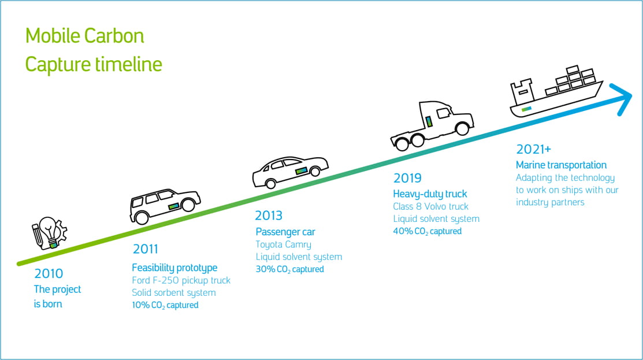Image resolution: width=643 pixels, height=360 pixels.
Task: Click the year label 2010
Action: tap(49, 273)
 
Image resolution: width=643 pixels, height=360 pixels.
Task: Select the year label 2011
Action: tap(145, 249)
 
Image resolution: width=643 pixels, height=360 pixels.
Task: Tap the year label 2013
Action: tap(269, 216)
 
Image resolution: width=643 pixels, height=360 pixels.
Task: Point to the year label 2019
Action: tap(407, 178)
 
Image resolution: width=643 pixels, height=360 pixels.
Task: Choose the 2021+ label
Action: tap(533, 149)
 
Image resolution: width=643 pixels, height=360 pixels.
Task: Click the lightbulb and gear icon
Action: tap(49, 233)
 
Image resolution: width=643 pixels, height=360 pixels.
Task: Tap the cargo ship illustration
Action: tap(556, 91)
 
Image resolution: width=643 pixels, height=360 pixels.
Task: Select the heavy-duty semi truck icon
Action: tap(432, 125)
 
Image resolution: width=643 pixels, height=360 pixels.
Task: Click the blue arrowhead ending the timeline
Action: tap(622, 99)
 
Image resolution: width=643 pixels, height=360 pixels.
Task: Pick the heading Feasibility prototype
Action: tap(174, 268)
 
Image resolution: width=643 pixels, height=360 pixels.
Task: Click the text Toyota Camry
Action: tap(283, 244)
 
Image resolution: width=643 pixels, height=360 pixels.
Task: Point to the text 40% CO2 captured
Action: tap(428, 231)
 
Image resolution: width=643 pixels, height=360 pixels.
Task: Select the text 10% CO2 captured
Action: tap(165, 305)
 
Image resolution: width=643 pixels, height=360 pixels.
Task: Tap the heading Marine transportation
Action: tap(561, 165)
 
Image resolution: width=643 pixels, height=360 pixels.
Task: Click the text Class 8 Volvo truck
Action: tap(430, 206)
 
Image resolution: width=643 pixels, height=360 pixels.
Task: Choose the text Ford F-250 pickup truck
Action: tap(181, 280)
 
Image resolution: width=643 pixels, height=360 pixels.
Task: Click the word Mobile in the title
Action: tap(53, 36)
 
